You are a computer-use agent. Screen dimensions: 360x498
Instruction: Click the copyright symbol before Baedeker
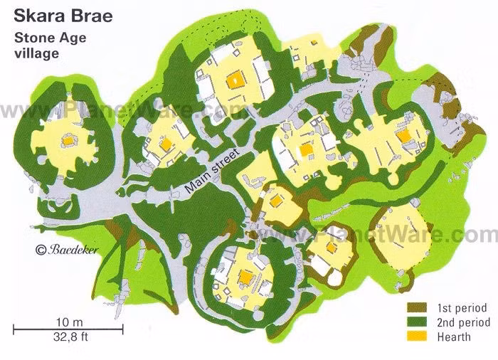coord(40,249)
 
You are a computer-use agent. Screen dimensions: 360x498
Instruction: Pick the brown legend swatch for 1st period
coord(415,308)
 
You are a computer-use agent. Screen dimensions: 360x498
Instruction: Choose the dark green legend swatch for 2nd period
coord(415,322)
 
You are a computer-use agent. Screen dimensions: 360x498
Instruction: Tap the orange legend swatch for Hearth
coord(415,337)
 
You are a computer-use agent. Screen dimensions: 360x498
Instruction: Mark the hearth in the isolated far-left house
coord(67,140)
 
